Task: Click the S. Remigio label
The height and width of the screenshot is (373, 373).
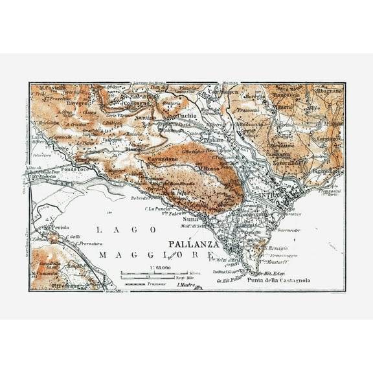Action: pyautogui.click(x=277, y=249)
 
